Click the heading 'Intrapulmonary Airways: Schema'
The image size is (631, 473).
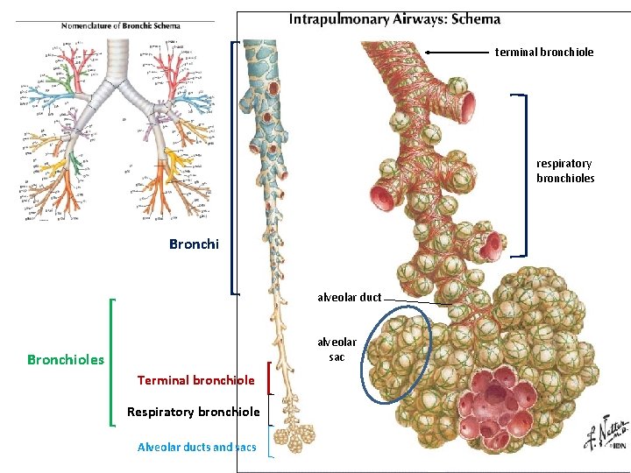coord(394,18)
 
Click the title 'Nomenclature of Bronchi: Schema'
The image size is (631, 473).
coord(120,25)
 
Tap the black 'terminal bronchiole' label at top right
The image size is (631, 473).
coord(544,53)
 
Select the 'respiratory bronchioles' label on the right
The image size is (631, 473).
coord(565,171)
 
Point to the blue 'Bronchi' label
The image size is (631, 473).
coord(194,244)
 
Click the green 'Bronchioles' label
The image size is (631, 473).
coord(66,360)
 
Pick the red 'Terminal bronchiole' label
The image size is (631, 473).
coord(195,380)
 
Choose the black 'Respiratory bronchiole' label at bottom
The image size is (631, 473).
coord(193,412)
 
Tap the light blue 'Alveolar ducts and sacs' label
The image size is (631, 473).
coord(197,447)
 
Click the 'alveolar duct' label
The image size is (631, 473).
coord(349,297)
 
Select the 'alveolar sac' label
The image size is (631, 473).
coord(337,349)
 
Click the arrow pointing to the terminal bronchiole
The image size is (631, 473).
coord(456,53)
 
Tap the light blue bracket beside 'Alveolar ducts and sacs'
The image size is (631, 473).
coord(270,441)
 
